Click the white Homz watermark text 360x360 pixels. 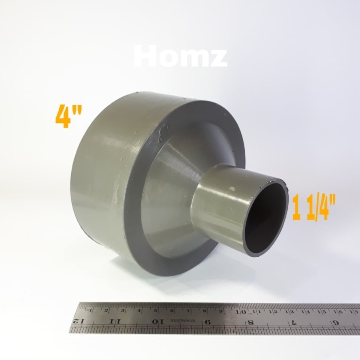[180, 57]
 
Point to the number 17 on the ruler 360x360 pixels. [353, 311]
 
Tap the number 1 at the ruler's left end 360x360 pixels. [91, 310]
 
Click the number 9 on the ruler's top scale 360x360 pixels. [221, 310]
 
